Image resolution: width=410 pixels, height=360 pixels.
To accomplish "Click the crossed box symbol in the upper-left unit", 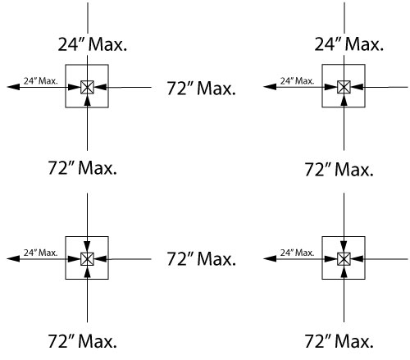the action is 87,87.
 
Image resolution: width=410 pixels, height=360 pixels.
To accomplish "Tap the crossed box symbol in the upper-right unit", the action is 344,87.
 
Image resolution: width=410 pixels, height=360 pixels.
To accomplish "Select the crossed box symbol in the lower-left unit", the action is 87,259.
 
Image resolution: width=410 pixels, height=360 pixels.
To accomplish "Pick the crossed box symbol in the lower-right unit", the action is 344,259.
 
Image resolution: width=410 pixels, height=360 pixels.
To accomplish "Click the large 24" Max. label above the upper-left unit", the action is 93,44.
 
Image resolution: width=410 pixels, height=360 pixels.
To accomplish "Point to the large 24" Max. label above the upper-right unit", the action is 349,44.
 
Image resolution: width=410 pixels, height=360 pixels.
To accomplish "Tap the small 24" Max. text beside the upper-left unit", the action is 41,81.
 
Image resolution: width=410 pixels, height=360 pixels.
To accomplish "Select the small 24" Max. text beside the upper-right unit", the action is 298,81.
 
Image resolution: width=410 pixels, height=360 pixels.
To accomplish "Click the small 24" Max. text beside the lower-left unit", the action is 41,253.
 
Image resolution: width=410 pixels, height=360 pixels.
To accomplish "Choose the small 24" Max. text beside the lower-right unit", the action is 298,253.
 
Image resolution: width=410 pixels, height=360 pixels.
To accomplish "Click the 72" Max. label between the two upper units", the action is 201,89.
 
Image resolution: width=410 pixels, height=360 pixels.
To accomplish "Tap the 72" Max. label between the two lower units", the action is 201,258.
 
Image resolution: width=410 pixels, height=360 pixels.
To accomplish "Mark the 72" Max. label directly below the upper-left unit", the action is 82,167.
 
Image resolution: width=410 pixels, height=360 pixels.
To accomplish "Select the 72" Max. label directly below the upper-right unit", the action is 339,169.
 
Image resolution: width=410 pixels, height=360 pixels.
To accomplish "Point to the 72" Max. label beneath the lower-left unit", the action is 82,341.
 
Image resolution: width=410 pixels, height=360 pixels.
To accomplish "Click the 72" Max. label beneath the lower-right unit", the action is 339,341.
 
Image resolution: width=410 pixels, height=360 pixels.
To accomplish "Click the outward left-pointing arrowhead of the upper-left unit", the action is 13,87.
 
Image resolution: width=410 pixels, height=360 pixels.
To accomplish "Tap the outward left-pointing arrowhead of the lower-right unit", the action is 270,258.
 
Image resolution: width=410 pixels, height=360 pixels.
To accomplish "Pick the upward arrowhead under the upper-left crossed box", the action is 87,100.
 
